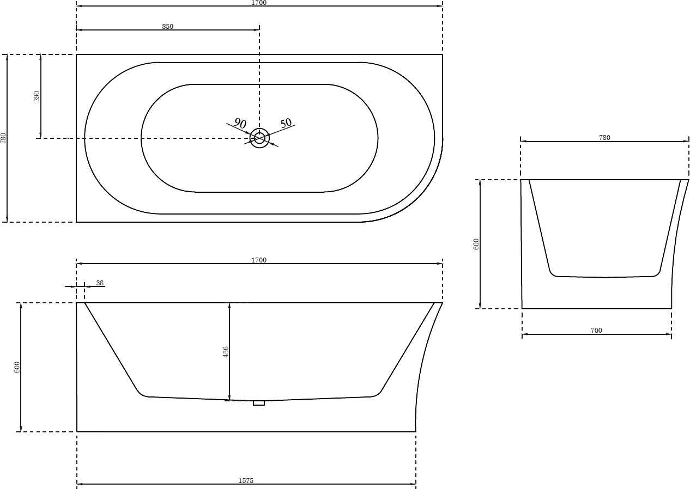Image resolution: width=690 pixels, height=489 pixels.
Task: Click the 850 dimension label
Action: tap(167, 27)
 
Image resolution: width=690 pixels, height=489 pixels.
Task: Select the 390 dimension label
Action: tap(37, 96)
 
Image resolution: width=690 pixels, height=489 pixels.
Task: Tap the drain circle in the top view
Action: tap(259, 138)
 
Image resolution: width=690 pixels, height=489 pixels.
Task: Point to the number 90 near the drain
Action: tap(240, 123)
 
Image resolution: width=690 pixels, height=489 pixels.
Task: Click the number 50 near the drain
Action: tap(286, 123)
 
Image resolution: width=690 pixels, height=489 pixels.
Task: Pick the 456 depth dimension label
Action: tap(226, 352)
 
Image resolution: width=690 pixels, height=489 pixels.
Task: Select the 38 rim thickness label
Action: tap(100, 283)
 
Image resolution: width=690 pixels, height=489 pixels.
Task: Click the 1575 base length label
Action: tap(246, 481)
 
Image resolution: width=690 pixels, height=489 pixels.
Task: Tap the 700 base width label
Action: tap(596, 330)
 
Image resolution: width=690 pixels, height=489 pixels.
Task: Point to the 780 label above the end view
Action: tap(604, 138)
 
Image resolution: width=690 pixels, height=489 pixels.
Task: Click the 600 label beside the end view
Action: tap(476, 244)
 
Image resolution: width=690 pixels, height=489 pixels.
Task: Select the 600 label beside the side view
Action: tap(17, 367)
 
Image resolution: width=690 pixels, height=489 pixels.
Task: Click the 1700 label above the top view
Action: tap(259, 3)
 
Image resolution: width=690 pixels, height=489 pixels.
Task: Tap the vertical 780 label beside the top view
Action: tap(3, 138)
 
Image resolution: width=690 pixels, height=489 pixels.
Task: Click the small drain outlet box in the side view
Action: tap(259, 403)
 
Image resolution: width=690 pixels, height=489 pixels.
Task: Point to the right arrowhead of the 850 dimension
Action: tap(257, 30)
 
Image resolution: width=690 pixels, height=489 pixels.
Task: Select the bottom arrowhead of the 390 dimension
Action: tap(41, 135)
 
